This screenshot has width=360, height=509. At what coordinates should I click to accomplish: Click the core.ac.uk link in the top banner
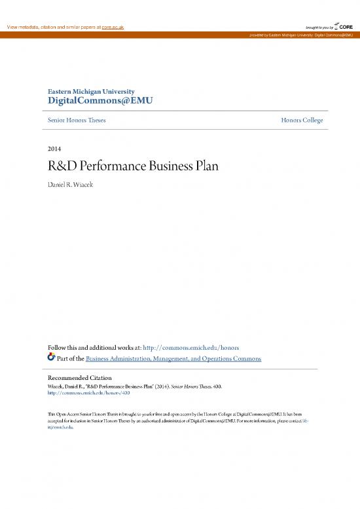click(x=111, y=26)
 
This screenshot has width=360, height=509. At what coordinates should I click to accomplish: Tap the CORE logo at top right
click(x=344, y=26)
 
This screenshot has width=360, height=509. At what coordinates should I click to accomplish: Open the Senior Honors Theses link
click(x=77, y=121)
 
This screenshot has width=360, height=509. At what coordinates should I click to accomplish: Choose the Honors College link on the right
click(x=302, y=121)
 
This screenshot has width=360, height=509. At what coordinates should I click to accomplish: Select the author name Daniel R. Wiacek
click(x=73, y=180)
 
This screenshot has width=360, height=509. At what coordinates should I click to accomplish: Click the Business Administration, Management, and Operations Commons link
click(x=174, y=358)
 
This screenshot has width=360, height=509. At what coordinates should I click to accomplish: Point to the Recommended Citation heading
click(x=80, y=378)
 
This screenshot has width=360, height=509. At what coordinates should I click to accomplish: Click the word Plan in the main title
click(x=204, y=166)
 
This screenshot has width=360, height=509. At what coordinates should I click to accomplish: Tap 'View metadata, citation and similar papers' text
click(x=52, y=26)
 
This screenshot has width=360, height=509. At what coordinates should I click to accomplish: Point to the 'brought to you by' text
click(x=319, y=26)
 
